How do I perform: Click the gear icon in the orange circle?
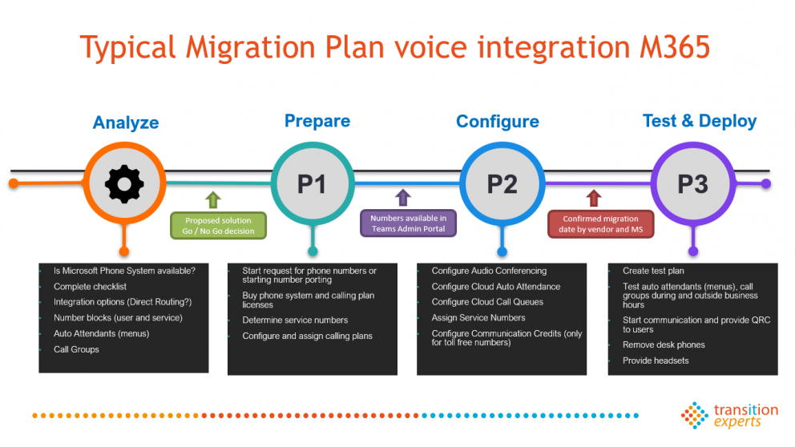click(x=124, y=183)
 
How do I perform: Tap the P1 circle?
click(x=313, y=183)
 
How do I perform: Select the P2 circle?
click(x=502, y=183)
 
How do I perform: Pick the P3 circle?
click(x=693, y=183)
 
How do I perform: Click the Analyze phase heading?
click(x=126, y=123)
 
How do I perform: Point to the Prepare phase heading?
click(x=317, y=121)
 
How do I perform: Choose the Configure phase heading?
click(x=498, y=122)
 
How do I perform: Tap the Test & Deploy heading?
click(x=700, y=121)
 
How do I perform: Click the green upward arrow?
click(x=213, y=199)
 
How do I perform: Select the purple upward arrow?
click(x=403, y=198)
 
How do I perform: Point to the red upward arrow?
click(x=594, y=198)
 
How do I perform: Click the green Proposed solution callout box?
click(x=218, y=226)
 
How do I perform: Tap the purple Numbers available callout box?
click(x=408, y=223)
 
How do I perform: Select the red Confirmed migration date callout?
click(x=601, y=224)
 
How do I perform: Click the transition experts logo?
click(x=729, y=416)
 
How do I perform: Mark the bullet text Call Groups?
click(x=76, y=349)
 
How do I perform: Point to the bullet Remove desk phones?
click(x=664, y=344)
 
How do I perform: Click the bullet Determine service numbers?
click(x=295, y=320)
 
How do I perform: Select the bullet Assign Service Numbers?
click(x=478, y=318)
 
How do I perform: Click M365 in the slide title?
click(x=674, y=47)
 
